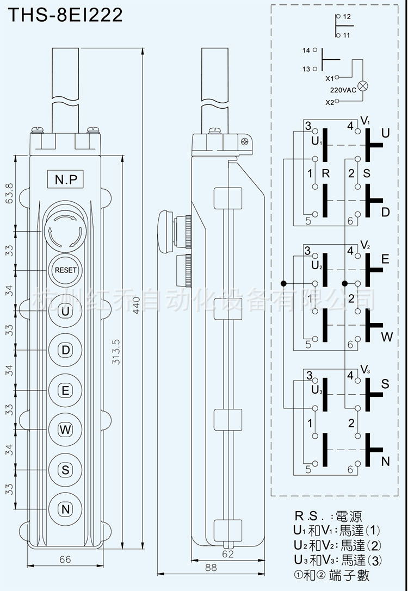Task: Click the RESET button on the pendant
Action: [x=66, y=270]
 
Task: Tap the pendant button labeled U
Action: [x=66, y=311]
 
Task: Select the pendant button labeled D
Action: [x=66, y=350]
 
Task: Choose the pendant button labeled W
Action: [x=66, y=430]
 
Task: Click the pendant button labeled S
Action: [x=66, y=470]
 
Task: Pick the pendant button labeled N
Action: [x=66, y=509]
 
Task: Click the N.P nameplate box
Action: [x=66, y=179]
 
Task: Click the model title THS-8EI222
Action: [x=65, y=15]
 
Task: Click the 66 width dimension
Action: [x=65, y=559]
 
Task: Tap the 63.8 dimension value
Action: [x=9, y=193]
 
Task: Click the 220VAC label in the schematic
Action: [x=343, y=90]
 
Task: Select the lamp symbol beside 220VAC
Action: [x=363, y=86]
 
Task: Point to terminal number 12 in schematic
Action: [x=347, y=17]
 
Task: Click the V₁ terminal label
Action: [x=365, y=121]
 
